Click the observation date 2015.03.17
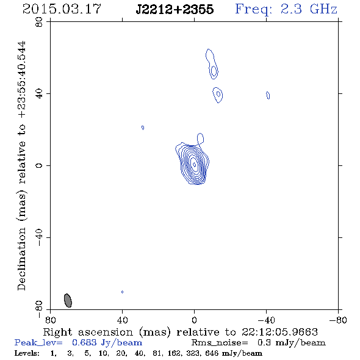[62, 9]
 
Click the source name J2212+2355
[175, 10]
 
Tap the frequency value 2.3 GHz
[309, 9]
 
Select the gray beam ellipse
[68, 300]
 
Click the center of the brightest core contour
[195, 164]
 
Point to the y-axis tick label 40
[39, 94]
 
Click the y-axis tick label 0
[39, 165]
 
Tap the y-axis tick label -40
[39, 237]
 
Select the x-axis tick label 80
[50, 320]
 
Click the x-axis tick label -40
[266, 320]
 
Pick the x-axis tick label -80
[338, 320]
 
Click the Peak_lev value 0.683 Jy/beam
[107, 343]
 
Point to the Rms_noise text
[220, 343]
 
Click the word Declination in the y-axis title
[21, 259]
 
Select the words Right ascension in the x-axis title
[88, 332]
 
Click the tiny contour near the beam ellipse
[123, 292]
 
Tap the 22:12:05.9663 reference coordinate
[279, 332]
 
